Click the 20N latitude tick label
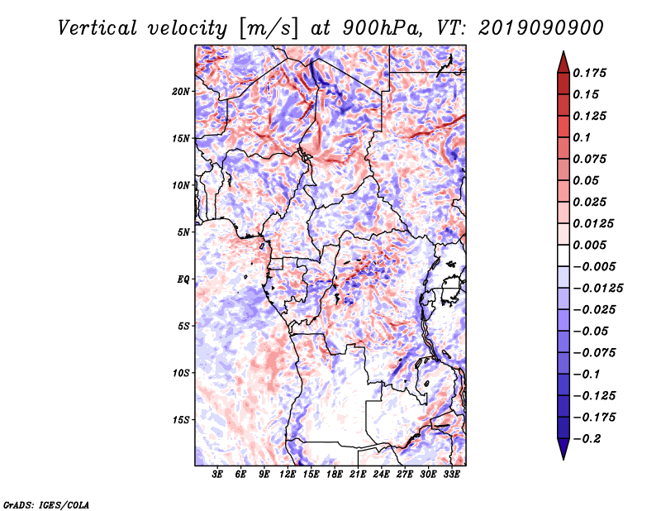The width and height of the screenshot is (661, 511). coord(181,91)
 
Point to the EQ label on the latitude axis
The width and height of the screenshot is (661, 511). coord(183,279)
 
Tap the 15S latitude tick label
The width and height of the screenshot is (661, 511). coord(181,420)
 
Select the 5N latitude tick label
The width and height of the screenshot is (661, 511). coord(183,232)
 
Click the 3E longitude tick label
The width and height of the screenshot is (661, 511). coord(218,475)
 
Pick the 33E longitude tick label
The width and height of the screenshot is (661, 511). coord(451,475)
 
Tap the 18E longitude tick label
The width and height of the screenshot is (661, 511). coord(335,475)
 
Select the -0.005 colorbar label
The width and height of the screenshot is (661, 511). coord(596,266)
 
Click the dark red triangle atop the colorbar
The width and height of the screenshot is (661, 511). coord(563,61)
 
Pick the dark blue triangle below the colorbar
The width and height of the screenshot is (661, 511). coord(563,449)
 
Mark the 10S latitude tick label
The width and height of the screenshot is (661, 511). coord(181,373)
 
